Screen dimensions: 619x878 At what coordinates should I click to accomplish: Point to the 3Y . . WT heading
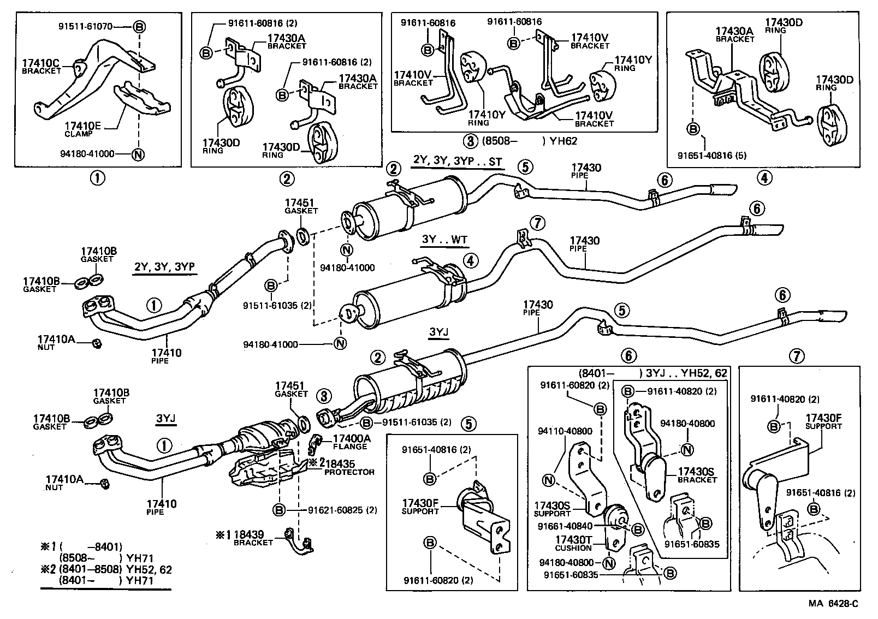[444, 240]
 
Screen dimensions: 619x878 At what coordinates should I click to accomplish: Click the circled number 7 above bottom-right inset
[797, 356]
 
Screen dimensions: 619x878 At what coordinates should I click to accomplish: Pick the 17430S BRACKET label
[697, 475]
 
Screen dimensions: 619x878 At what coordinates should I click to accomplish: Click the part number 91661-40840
[565, 526]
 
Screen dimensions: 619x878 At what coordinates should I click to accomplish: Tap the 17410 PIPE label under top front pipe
[166, 356]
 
